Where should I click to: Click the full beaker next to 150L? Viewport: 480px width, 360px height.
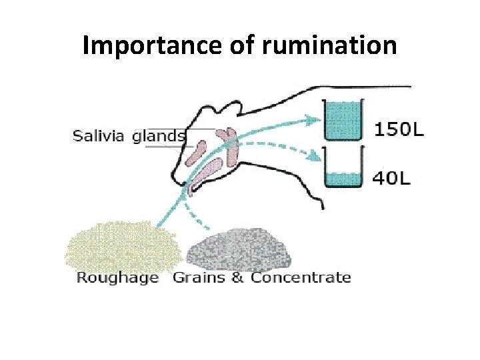341,120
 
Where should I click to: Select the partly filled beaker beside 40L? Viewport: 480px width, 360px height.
342,170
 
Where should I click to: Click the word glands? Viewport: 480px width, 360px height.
159,137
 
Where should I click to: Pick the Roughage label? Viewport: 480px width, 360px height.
117,277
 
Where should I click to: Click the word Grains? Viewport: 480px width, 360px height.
199,277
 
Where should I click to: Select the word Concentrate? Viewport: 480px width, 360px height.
300,277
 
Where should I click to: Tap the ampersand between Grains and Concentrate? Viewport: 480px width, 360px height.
237,277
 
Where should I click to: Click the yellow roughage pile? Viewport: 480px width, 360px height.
123,247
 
